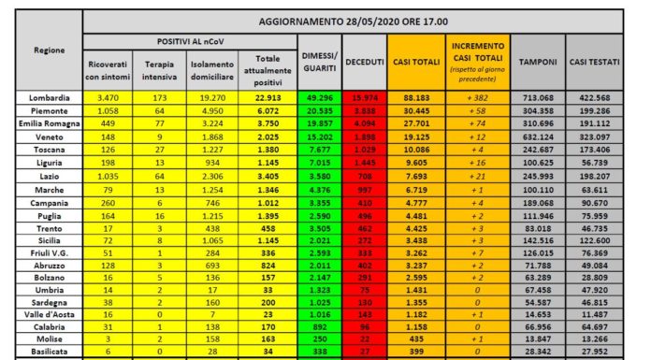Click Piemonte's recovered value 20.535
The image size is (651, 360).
[x=318, y=110]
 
